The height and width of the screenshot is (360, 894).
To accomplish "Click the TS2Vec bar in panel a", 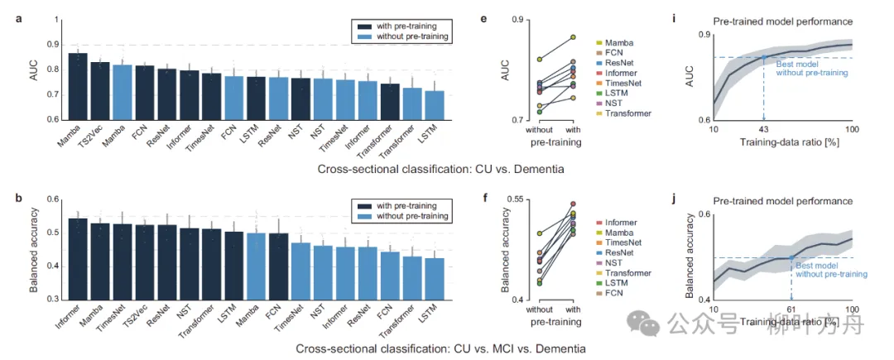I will tap(99, 91).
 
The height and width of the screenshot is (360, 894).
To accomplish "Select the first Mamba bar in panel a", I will tap(78, 86).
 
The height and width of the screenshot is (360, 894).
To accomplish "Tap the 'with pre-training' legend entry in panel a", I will tap(402, 25).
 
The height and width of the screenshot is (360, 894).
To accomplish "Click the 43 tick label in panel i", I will tap(763, 131).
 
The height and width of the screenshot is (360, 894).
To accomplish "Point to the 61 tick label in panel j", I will tap(791, 309).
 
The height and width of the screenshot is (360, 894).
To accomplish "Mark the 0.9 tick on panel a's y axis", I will tap(52, 45).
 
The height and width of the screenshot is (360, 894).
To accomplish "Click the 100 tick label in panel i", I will tap(851, 131).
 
